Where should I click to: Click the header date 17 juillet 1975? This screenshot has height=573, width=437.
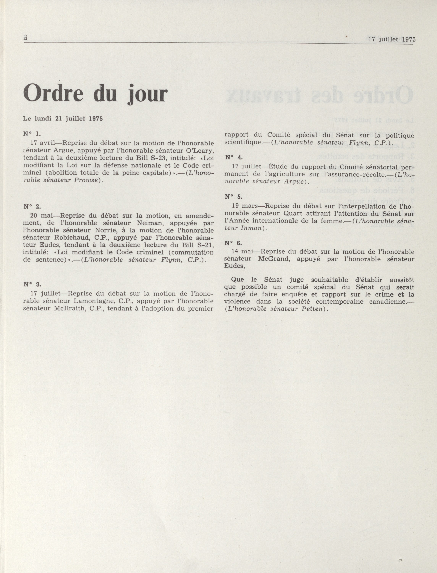point(392,39)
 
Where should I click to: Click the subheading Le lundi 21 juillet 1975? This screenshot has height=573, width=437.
point(63,119)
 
